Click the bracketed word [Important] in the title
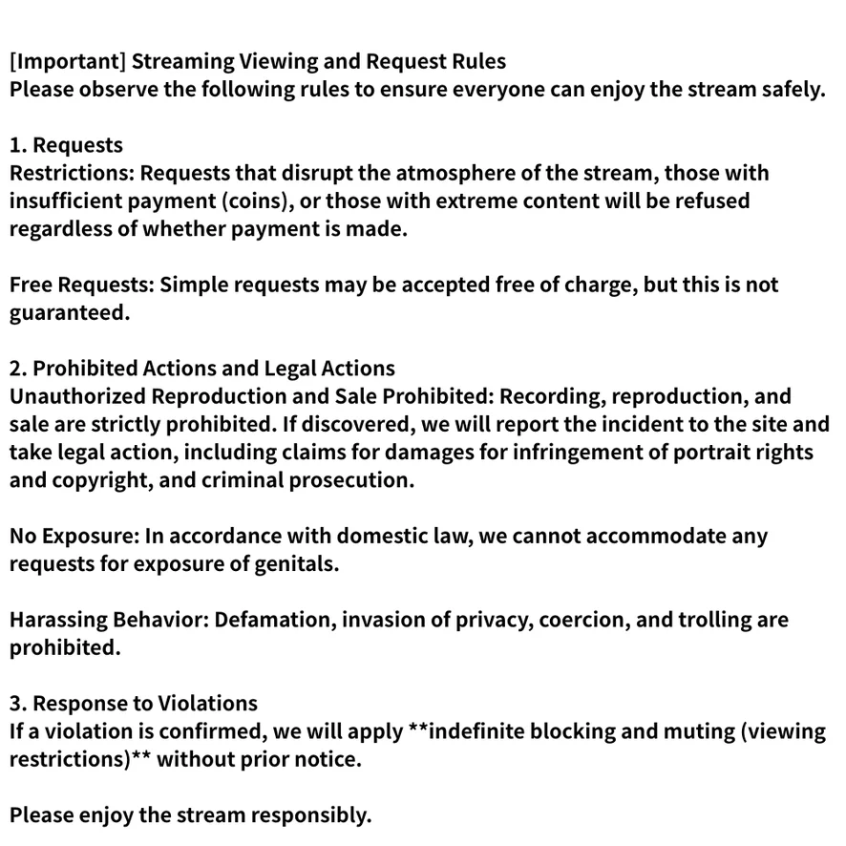[x=67, y=62]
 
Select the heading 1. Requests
[x=66, y=146]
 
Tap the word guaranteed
[x=69, y=313]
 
